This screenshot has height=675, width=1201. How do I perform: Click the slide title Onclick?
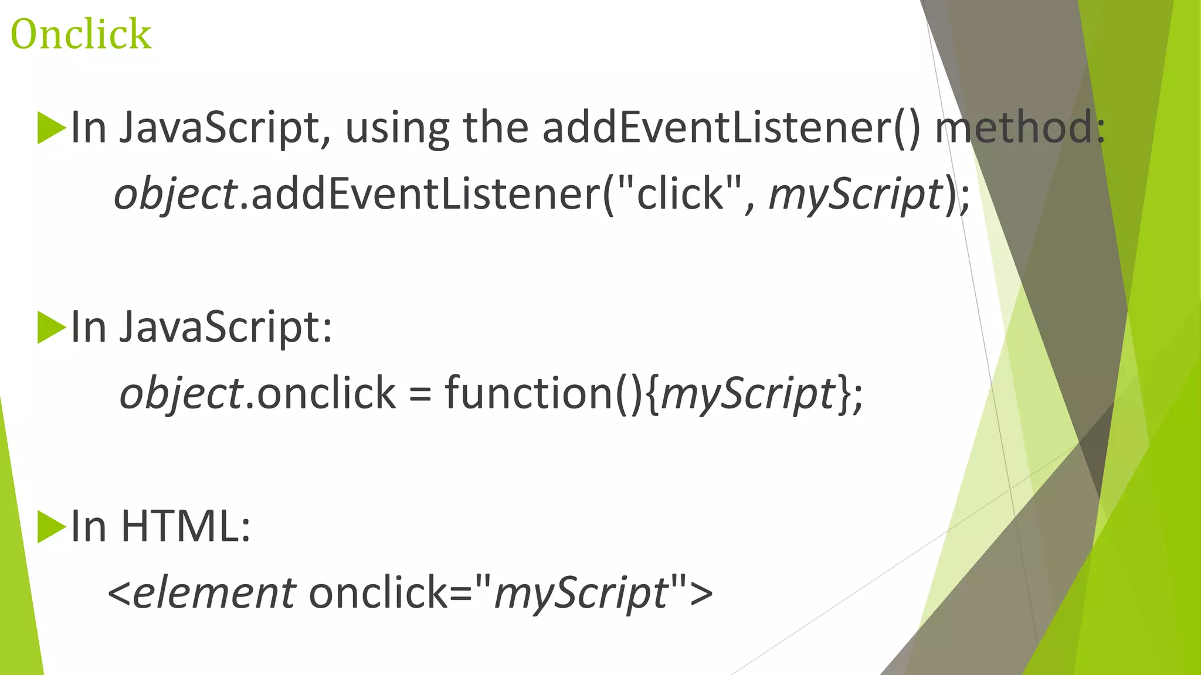(81, 34)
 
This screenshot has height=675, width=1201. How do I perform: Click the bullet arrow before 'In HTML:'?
(51, 527)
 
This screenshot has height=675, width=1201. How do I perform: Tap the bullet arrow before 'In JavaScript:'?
(51, 327)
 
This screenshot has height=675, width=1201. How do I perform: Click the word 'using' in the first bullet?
(397, 128)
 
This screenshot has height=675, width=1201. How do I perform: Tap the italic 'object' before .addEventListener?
(175, 195)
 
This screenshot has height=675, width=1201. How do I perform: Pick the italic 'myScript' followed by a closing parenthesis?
(855, 195)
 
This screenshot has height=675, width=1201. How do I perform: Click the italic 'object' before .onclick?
(181, 393)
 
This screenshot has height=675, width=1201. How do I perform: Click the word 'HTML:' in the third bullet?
(186, 526)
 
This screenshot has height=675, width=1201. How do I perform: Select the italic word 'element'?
(214, 592)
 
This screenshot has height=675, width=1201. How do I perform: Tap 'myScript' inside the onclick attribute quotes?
(581, 593)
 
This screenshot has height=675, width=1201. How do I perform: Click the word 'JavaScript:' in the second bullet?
(226, 327)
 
